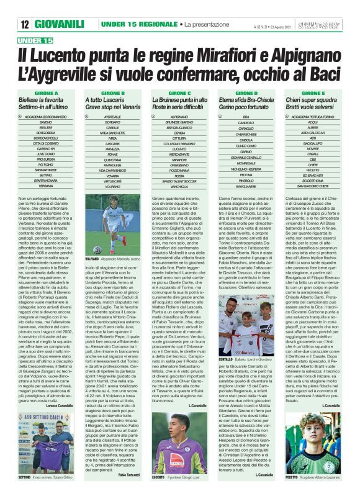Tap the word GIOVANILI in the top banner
tap(59, 24)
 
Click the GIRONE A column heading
tap(45, 92)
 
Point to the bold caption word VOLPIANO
tap(92, 258)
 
